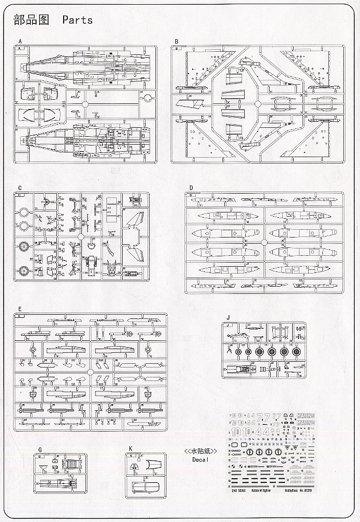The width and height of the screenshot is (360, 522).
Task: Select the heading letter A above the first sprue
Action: [20, 41]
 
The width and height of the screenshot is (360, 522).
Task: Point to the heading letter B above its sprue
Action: [176, 41]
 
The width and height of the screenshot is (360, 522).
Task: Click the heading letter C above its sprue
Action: [19, 187]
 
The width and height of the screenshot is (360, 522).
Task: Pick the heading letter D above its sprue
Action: [191, 187]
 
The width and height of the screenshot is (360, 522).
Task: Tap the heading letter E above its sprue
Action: [19, 309]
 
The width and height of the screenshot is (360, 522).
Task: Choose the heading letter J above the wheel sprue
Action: [227, 317]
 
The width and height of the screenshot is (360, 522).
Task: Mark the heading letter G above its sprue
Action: [40, 449]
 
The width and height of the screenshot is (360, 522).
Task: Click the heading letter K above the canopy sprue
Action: [130, 449]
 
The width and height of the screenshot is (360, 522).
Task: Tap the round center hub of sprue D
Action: [264, 242]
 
